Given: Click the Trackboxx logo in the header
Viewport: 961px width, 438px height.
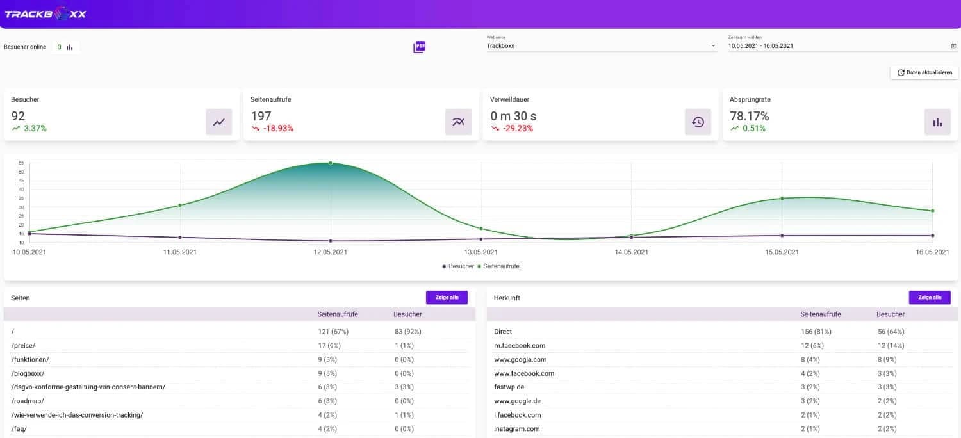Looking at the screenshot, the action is pyautogui.click(x=45, y=13).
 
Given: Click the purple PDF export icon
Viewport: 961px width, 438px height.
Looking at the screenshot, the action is pyautogui.click(x=420, y=47).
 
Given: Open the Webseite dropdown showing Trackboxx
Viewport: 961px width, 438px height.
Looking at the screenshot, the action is pyautogui.click(x=601, y=46).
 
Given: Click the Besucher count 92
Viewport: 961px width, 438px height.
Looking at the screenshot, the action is pyautogui.click(x=18, y=116).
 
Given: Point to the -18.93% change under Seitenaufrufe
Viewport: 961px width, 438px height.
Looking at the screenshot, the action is pyautogui.click(x=277, y=129).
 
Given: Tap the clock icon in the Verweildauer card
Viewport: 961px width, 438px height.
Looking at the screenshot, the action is pyautogui.click(x=698, y=122).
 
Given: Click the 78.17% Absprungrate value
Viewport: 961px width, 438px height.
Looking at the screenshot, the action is pyautogui.click(x=749, y=116).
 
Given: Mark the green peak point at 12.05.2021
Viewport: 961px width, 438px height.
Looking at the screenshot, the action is pyautogui.click(x=331, y=163).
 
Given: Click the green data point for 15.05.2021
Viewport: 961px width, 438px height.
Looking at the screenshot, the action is pyautogui.click(x=782, y=199).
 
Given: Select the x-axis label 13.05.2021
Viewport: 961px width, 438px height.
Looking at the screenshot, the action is pyautogui.click(x=481, y=252).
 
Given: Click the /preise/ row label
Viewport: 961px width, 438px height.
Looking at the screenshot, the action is pyautogui.click(x=23, y=346).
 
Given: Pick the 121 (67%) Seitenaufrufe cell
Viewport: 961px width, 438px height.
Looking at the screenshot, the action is pyautogui.click(x=333, y=332).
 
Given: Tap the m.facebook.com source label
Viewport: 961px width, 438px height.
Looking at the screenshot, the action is pyautogui.click(x=520, y=346).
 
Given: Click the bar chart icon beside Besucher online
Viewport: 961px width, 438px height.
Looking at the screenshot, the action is pyautogui.click(x=69, y=47).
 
